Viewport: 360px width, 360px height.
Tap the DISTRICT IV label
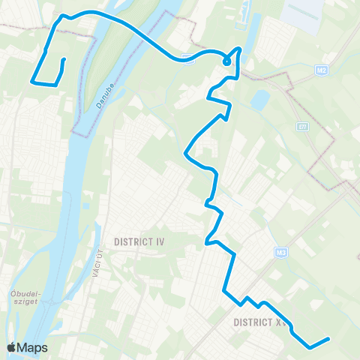(139, 241)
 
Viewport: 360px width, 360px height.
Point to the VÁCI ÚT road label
(97, 267)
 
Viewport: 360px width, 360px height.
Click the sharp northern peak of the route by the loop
(239, 49)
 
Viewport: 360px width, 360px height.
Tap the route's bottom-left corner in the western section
(32, 80)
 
